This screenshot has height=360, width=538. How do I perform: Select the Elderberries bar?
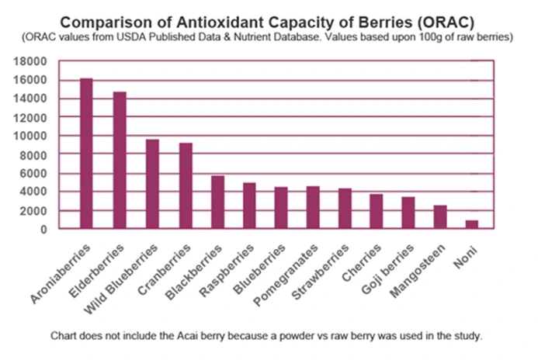[x=119, y=160]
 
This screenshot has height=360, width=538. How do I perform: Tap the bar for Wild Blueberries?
[x=152, y=184]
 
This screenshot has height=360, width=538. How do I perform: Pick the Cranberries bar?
[x=185, y=185]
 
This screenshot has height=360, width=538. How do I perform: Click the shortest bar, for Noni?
[x=471, y=224]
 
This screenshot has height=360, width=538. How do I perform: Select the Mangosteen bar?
[x=439, y=216]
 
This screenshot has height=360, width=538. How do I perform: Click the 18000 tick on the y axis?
[x=33, y=61]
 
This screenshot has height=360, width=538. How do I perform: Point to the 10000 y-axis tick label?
[x=33, y=136]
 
